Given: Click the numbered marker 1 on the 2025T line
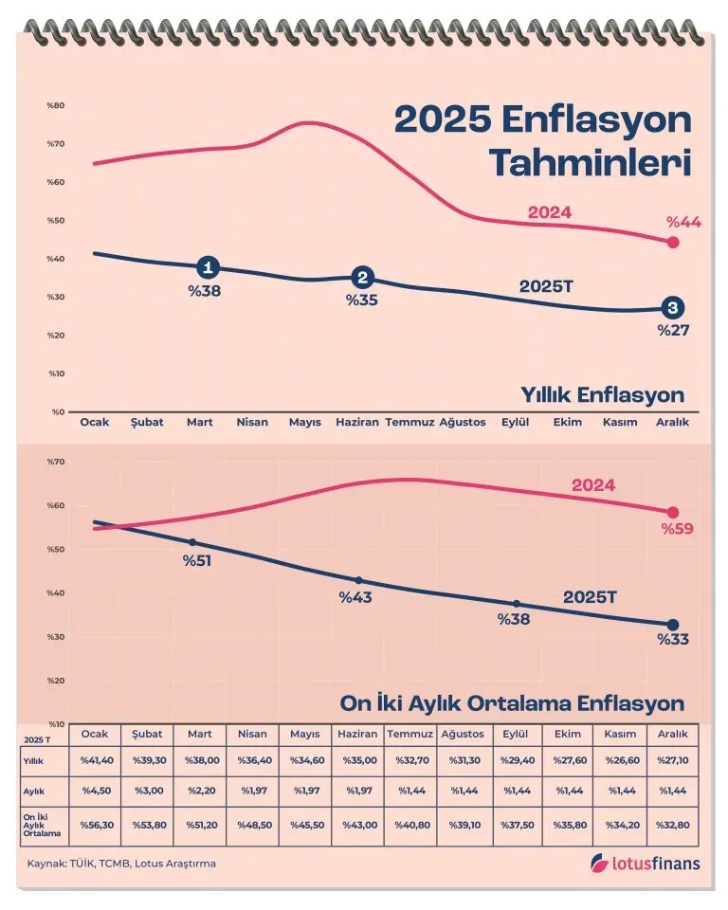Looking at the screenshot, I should (x=209, y=268).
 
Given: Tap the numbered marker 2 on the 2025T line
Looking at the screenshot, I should (x=362, y=278).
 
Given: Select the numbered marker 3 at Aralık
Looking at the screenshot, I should (x=673, y=308).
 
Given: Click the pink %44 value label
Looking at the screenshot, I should (x=682, y=222).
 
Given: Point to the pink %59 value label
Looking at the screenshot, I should (x=678, y=528).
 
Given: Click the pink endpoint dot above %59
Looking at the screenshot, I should (x=673, y=512).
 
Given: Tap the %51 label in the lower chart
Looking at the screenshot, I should (x=197, y=560).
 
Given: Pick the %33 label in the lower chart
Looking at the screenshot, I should (x=673, y=640).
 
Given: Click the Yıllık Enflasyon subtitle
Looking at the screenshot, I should (x=602, y=394).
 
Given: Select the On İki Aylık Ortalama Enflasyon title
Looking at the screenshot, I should (x=512, y=704).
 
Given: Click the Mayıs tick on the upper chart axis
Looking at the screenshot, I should (x=305, y=423).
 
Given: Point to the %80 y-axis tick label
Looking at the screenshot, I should (x=55, y=105).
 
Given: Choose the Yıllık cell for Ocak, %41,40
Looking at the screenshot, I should (x=96, y=761).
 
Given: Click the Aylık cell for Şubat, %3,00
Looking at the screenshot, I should (x=149, y=791).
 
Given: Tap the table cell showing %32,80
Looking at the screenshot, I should (x=672, y=825).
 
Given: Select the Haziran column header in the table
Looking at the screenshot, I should (x=357, y=735).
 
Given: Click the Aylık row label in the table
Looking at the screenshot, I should (x=32, y=791).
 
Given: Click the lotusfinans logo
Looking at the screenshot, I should (x=644, y=863).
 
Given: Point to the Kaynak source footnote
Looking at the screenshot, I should (x=121, y=864).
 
